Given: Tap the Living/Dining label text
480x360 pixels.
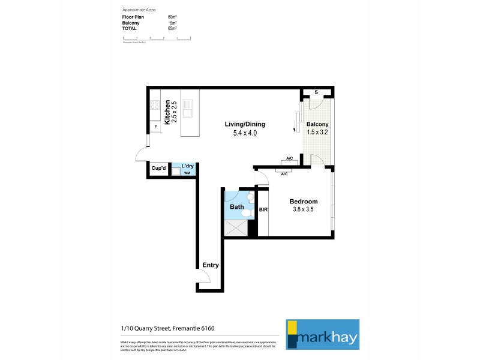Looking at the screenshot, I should [x=245, y=125].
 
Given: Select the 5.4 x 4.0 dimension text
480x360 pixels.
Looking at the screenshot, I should [x=245, y=133].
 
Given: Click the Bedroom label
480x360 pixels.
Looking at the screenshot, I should [x=303, y=202].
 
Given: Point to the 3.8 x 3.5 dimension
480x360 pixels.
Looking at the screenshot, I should [x=303, y=210].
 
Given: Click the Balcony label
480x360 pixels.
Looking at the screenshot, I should [x=318, y=124].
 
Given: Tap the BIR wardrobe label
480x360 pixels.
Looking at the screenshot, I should [x=263, y=209].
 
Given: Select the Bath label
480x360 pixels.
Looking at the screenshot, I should [x=237, y=207].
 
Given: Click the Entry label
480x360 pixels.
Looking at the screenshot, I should [x=211, y=265].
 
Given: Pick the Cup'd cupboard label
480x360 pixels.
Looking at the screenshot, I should [x=158, y=169].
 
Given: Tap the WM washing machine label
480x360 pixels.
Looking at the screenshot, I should [x=187, y=173].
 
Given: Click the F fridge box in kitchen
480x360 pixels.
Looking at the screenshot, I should [x=155, y=127].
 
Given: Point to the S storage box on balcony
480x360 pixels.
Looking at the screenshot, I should [x=317, y=92].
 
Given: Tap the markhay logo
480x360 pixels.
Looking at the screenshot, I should [x=322, y=334].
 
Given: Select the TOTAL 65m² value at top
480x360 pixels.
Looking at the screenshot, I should [x=172, y=28].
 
